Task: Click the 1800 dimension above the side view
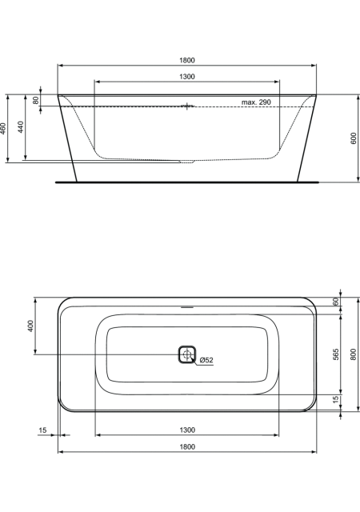click(187, 61)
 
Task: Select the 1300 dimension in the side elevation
click(187, 77)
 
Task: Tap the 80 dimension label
click(36, 100)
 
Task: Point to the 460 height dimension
click(3, 128)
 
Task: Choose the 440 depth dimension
click(21, 127)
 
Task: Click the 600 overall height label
click(354, 138)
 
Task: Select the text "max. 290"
click(256, 102)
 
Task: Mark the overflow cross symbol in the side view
click(187, 106)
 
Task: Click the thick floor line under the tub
click(187, 182)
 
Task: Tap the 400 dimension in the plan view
click(30, 326)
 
